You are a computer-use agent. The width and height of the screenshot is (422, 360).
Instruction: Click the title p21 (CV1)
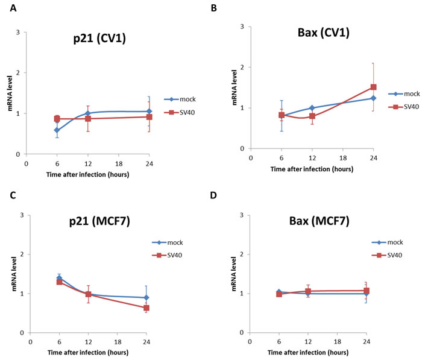coord(99,39)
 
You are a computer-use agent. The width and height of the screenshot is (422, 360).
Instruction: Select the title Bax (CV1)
coord(324,33)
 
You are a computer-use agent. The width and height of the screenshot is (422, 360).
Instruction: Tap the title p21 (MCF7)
coord(99,221)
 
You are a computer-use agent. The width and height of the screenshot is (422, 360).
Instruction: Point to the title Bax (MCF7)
coord(319,221)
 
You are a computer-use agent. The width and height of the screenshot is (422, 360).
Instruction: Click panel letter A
coord(13,8)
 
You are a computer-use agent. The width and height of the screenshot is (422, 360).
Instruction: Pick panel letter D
coord(213,195)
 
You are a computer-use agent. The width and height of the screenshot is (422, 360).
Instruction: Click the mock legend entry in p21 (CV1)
coord(180,99)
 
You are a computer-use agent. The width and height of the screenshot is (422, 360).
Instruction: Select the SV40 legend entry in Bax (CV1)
coord(403,107)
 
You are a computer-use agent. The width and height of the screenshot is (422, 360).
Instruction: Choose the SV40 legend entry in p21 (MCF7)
coord(167,255)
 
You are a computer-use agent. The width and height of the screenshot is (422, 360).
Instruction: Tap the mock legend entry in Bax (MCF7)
coord(387,242)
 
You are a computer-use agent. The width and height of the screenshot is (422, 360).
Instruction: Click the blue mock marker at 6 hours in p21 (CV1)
coord(57,130)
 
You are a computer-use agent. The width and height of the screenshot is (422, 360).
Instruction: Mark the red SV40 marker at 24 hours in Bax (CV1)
coord(373,87)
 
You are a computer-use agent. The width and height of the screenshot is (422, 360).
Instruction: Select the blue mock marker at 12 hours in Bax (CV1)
coord(312,108)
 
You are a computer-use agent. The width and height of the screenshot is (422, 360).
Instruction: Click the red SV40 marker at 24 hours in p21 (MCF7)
coord(146,308)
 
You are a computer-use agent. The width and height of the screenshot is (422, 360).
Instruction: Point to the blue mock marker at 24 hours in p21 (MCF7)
coord(146,297)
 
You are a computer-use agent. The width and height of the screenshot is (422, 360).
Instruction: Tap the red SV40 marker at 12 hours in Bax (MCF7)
coord(308,291)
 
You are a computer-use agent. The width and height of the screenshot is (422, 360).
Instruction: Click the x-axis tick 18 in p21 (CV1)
coord(119,164)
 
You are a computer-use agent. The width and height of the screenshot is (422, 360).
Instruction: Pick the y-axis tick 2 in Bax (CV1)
coord(242,68)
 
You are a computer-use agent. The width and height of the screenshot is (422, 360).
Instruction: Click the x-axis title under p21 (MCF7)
coord(88,352)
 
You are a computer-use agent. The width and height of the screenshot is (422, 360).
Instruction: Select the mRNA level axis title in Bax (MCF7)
coord(234,274)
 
